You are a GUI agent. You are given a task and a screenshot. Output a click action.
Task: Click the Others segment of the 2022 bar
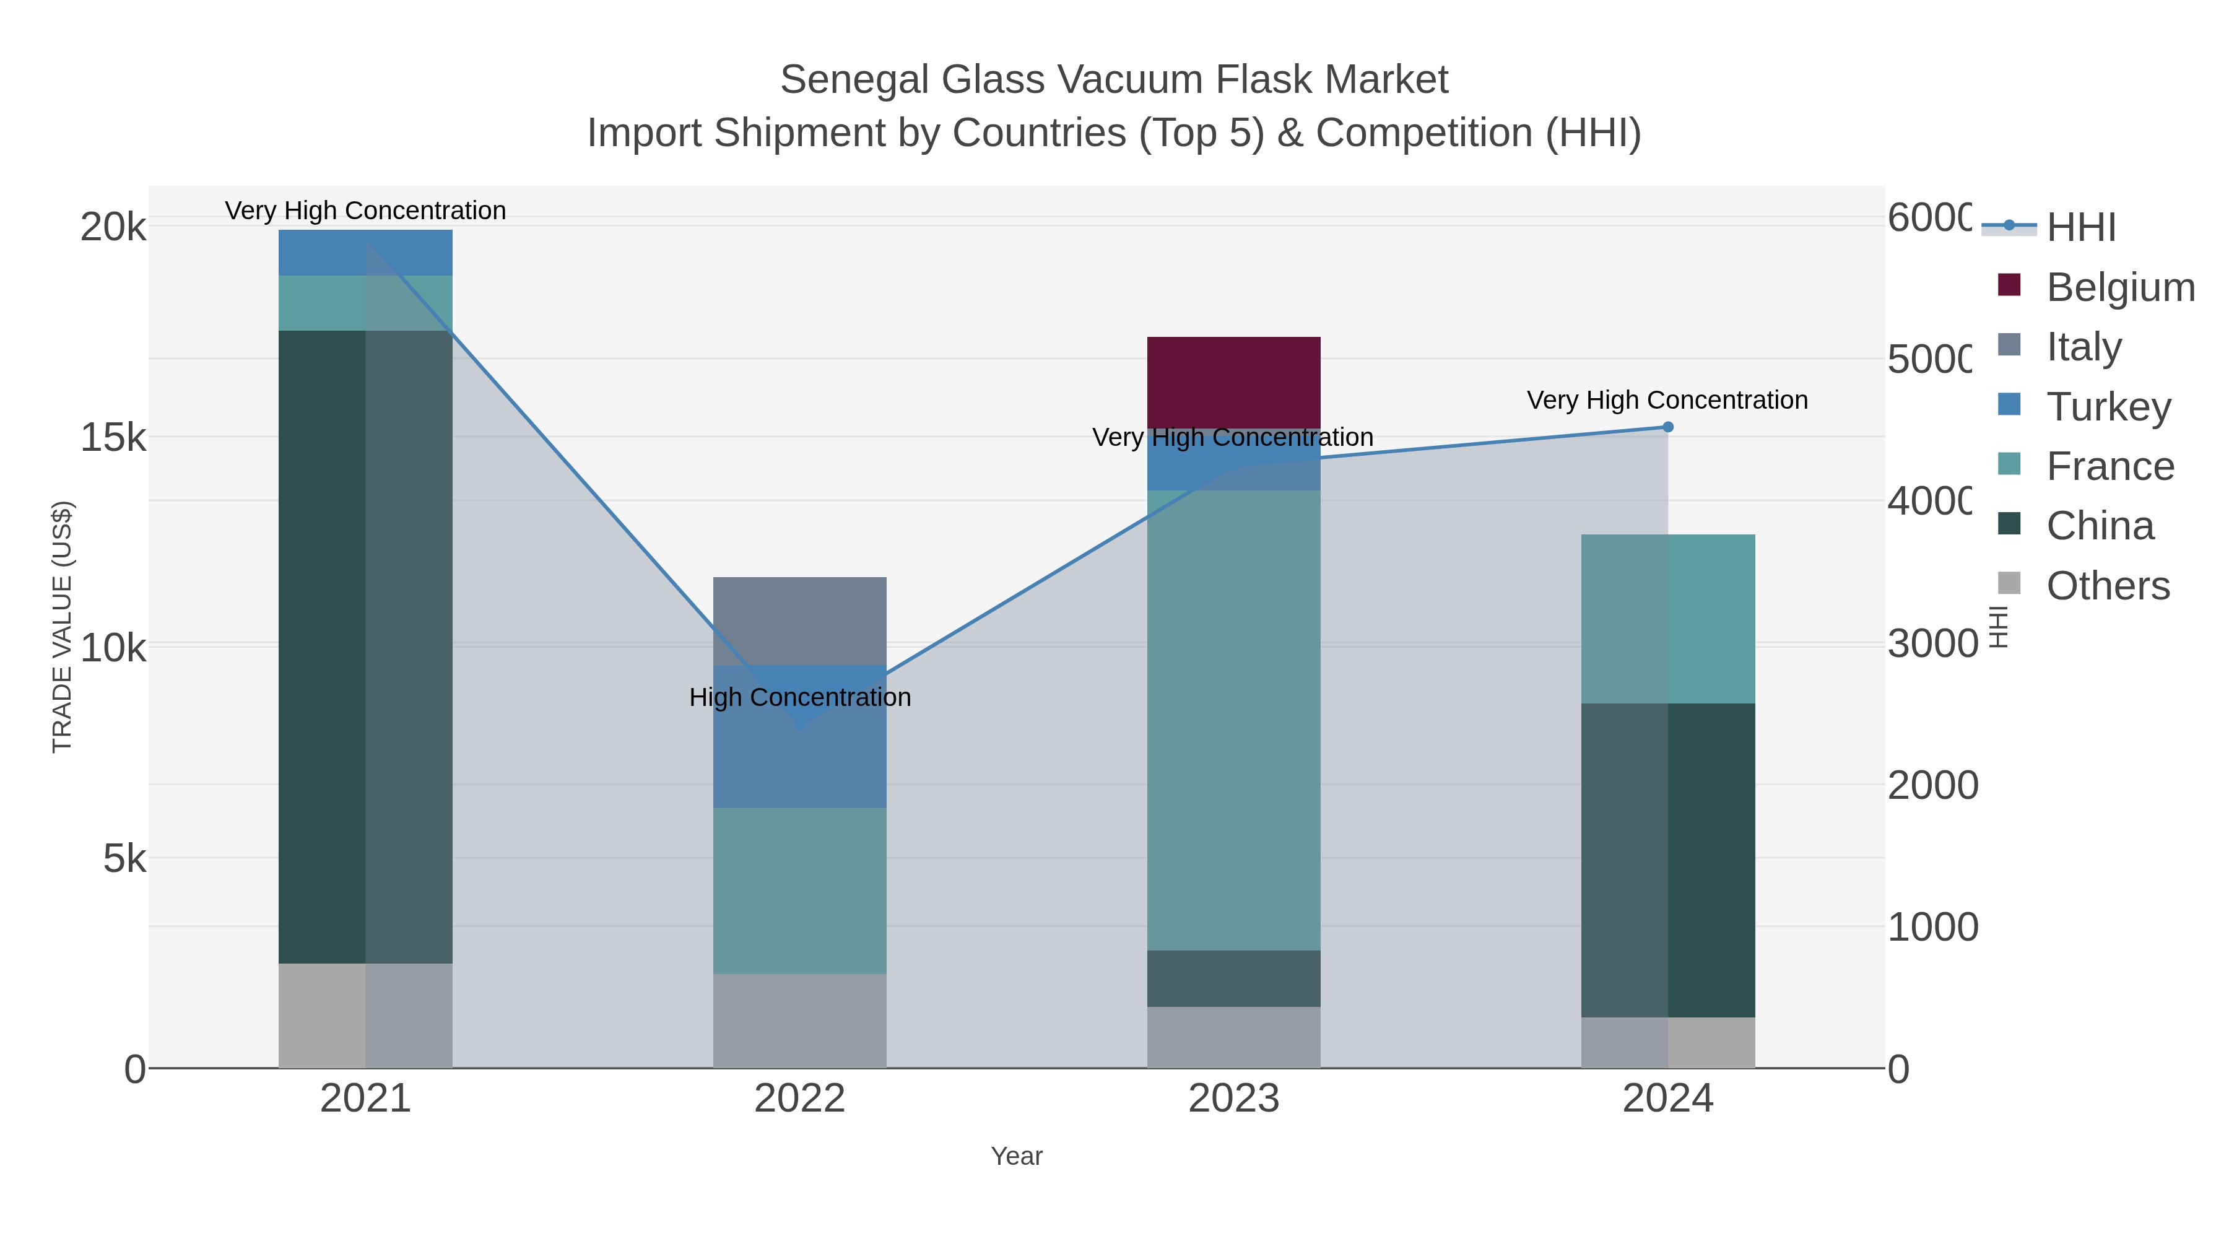click(799, 1021)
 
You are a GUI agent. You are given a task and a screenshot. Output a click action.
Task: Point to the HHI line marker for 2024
click(1667, 427)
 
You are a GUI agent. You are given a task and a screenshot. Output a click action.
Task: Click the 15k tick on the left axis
click(113, 438)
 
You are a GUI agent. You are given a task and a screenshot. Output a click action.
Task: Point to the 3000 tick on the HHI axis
click(1931, 644)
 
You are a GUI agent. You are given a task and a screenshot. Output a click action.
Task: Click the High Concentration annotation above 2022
click(799, 697)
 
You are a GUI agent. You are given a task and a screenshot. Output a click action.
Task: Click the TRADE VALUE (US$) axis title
click(63, 627)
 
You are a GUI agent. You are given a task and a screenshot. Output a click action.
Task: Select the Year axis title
click(1016, 1156)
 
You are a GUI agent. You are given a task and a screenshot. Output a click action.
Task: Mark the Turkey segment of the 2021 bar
click(365, 253)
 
